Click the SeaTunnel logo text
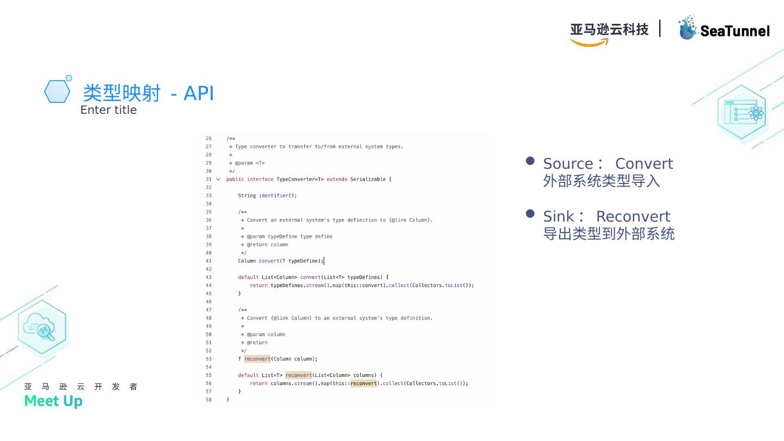[734, 31]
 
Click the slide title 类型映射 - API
[148, 93]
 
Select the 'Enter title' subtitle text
[108, 110]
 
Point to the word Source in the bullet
[568, 164]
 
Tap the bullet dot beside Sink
[530, 214]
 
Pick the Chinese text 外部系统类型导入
[601, 181]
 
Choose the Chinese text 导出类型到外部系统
[609, 234]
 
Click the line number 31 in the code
[209, 179]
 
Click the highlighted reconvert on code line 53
[257, 359]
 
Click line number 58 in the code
[209, 400]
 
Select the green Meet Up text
[53, 401]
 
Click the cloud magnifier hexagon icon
[42, 327]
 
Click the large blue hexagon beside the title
[57, 91]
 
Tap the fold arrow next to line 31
[218, 179]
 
